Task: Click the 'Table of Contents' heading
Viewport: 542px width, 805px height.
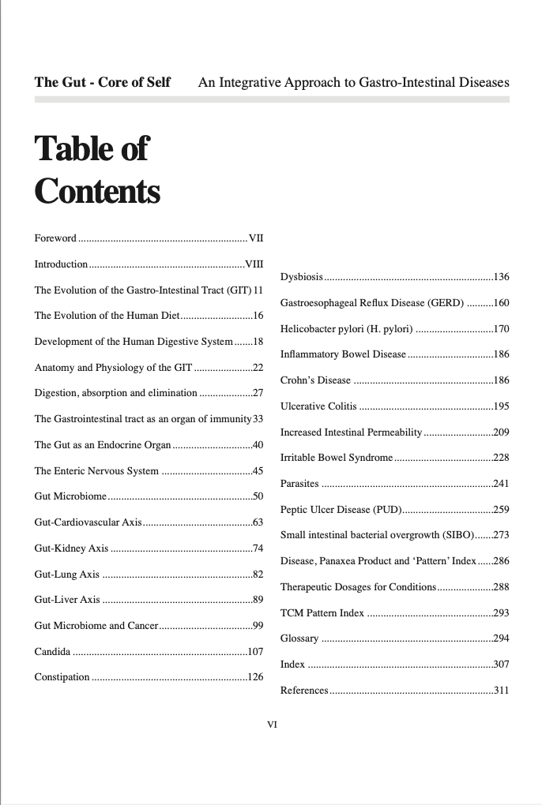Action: pyautogui.click(x=96, y=170)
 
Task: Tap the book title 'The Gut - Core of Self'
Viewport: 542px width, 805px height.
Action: pyautogui.click(x=103, y=82)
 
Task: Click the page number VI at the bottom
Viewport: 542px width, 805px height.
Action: pyautogui.click(x=272, y=723)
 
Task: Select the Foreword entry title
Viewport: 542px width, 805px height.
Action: pyautogui.click(x=55, y=238)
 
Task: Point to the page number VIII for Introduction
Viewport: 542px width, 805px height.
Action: pyautogui.click(x=254, y=264)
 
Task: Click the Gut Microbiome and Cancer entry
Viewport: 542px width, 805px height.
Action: pyautogui.click(x=97, y=626)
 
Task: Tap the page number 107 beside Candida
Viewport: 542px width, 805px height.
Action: pyautogui.click(x=255, y=652)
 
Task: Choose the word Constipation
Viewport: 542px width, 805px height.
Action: pyautogui.click(x=62, y=677)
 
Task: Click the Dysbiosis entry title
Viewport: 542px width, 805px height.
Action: pyautogui.click(x=302, y=277)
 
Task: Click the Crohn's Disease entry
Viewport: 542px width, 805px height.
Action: pyautogui.click(x=315, y=380)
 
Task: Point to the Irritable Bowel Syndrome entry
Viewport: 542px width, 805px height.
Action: pyautogui.click(x=337, y=458)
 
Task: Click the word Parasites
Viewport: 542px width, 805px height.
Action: pyautogui.click(x=299, y=483)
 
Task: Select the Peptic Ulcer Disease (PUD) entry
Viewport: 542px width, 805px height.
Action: pyautogui.click(x=341, y=509)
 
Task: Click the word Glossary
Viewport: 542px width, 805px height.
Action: pyautogui.click(x=299, y=638)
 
